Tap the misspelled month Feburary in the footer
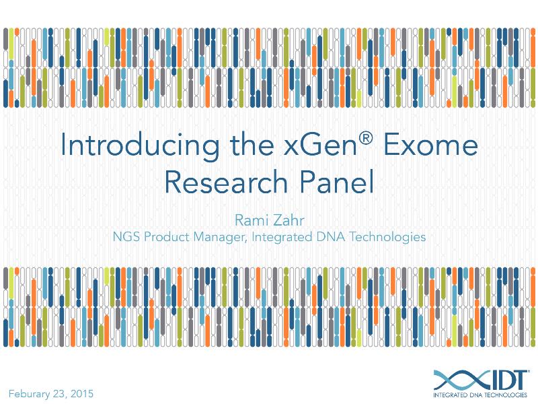[x=33, y=393]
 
